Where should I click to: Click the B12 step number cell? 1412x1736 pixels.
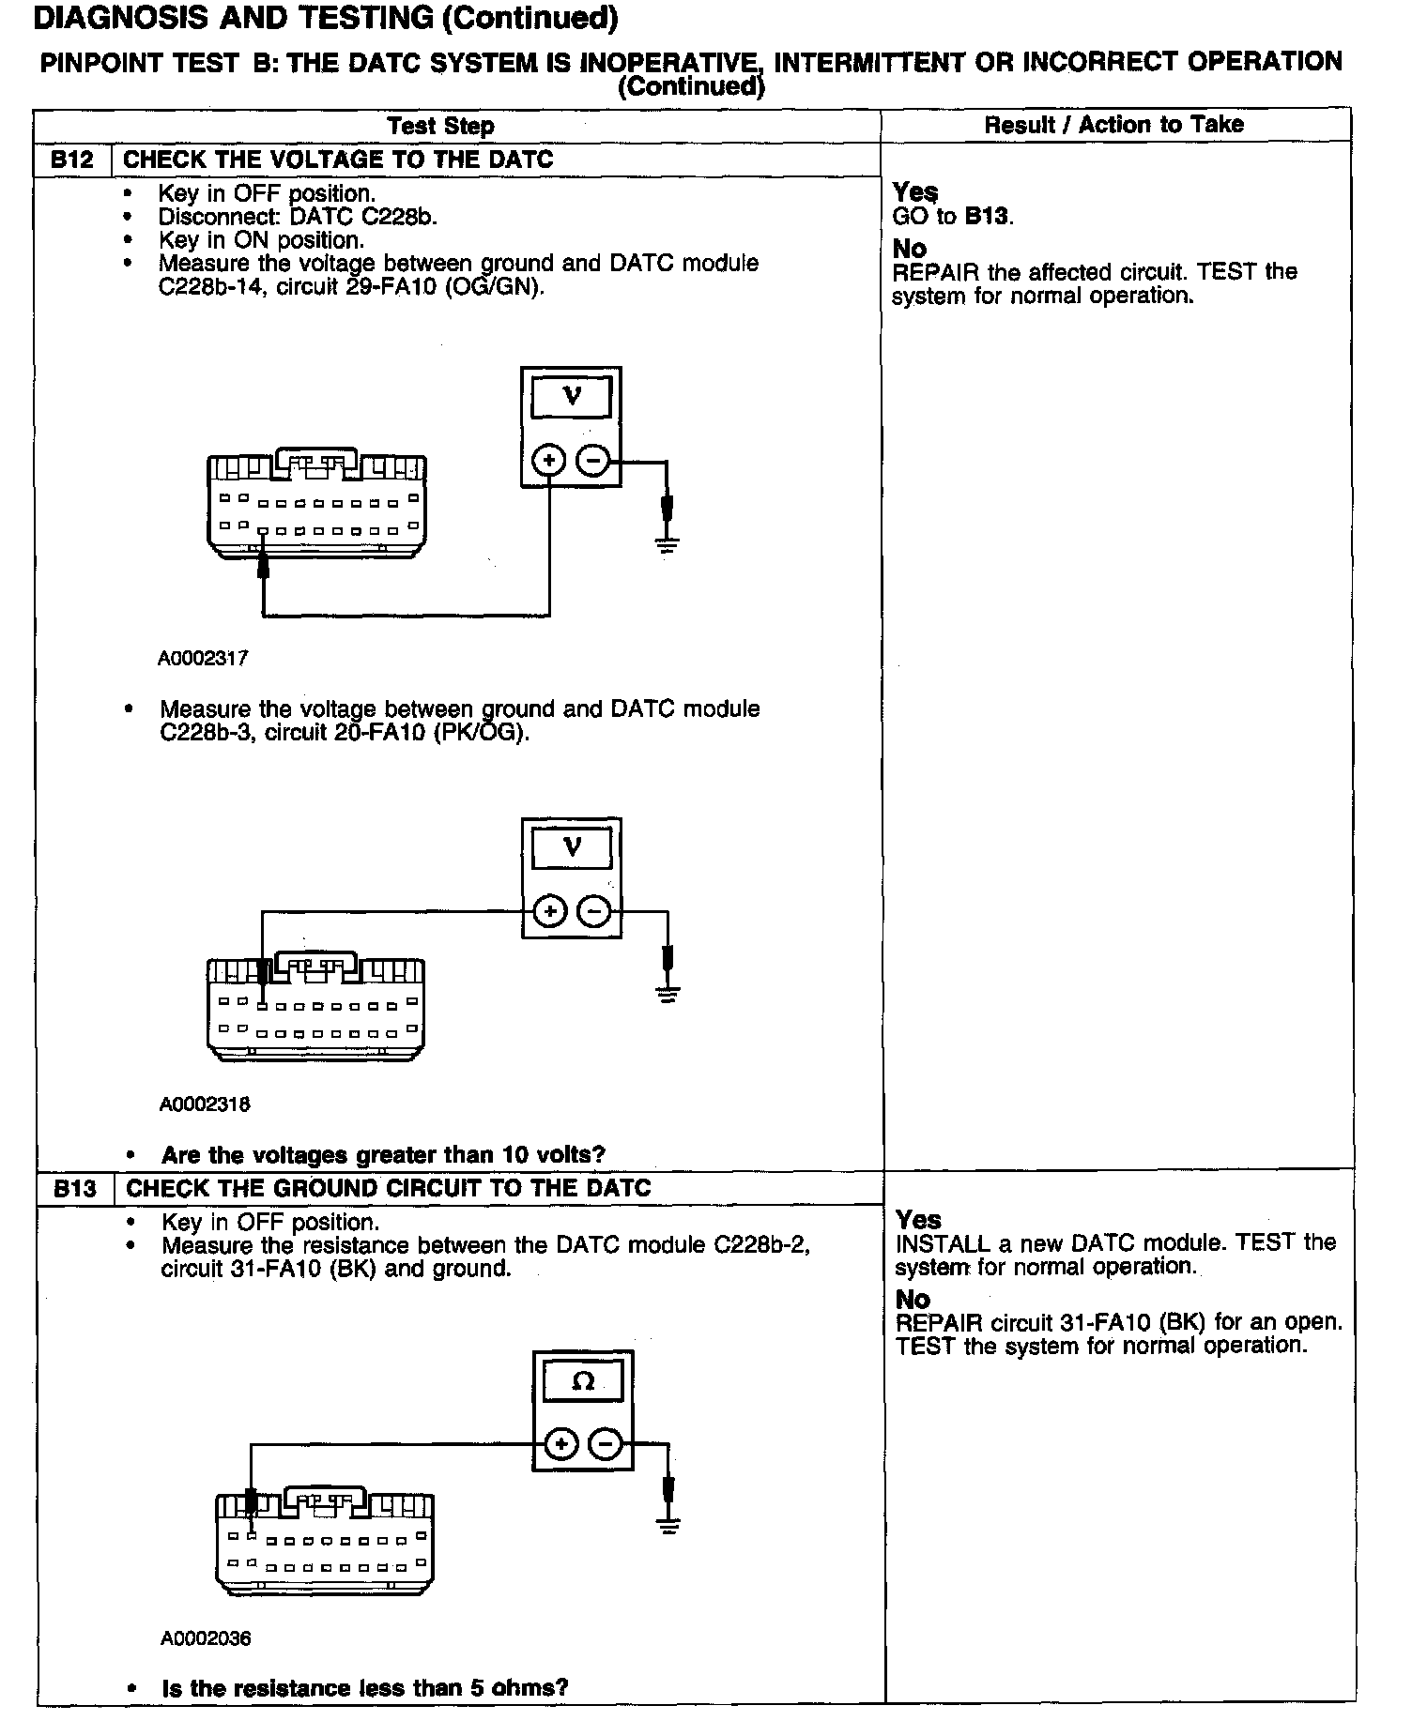click(x=72, y=160)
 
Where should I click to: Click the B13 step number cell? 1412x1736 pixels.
click(x=75, y=1188)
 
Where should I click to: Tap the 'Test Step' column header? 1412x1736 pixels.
click(x=440, y=126)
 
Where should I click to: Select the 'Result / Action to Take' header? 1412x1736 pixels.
click(x=1113, y=125)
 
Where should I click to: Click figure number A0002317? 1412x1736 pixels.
click(x=203, y=659)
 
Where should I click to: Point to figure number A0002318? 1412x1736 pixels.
click(x=205, y=1104)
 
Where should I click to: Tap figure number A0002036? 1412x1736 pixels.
click(x=206, y=1638)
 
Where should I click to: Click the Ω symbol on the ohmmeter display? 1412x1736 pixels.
click(x=583, y=1381)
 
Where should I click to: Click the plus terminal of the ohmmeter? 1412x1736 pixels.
click(x=560, y=1444)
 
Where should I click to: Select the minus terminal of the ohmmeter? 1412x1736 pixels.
click(x=606, y=1444)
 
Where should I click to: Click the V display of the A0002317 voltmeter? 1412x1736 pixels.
click(x=571, y=396)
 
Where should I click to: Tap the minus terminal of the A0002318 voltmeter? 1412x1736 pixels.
click(x=593, y=911)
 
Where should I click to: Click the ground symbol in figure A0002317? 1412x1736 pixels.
click(x=667, y=542)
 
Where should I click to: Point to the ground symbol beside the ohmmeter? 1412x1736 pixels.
click(x=668, y=1525)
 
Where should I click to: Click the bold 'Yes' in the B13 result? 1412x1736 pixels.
click(x=918, y=1220)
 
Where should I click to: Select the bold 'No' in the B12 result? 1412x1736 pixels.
click(x=910, y=249)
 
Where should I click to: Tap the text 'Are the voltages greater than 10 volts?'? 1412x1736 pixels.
click(x=383, y=1154)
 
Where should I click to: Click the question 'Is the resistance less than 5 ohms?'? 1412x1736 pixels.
click(x=365, y=1688)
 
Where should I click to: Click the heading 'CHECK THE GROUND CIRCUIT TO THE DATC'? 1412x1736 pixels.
click(x=388, y=1188)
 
